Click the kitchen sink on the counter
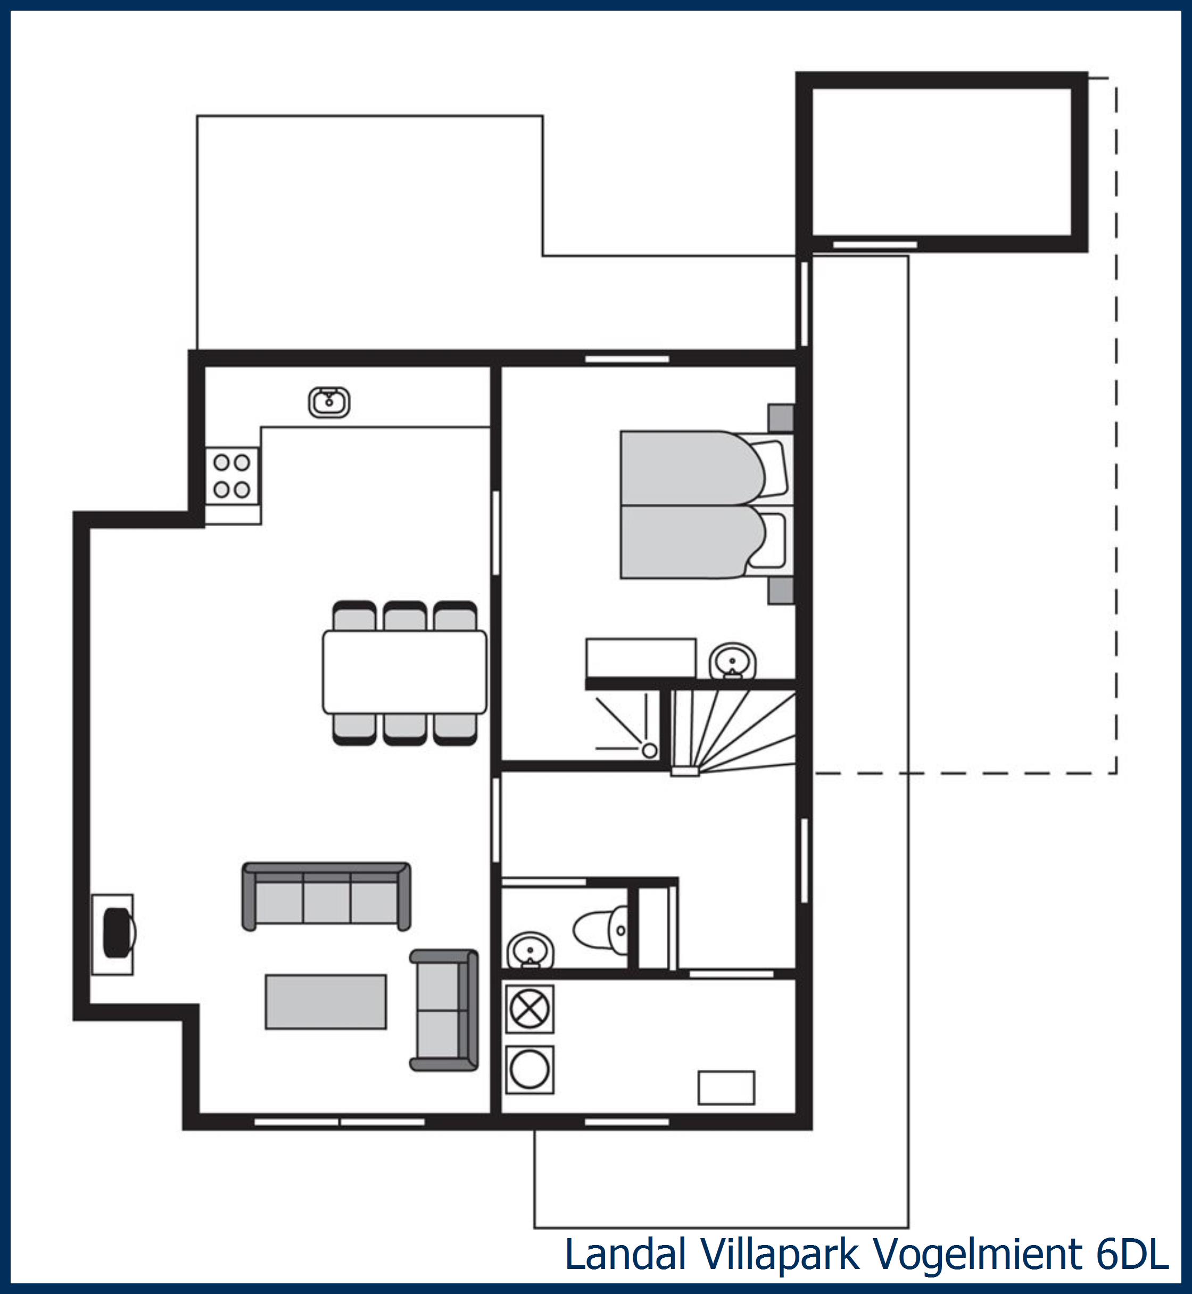coord(329,402)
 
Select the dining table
coord(404,672)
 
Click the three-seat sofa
coord(326,896)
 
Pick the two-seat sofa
coord(444,1010)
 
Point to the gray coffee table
coord(326,1002)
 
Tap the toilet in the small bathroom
coord(600,930)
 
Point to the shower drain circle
coord(650,750)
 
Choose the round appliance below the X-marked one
coord(529,1069)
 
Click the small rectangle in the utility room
coord(726,1087)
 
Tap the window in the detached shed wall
coord(875,244)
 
